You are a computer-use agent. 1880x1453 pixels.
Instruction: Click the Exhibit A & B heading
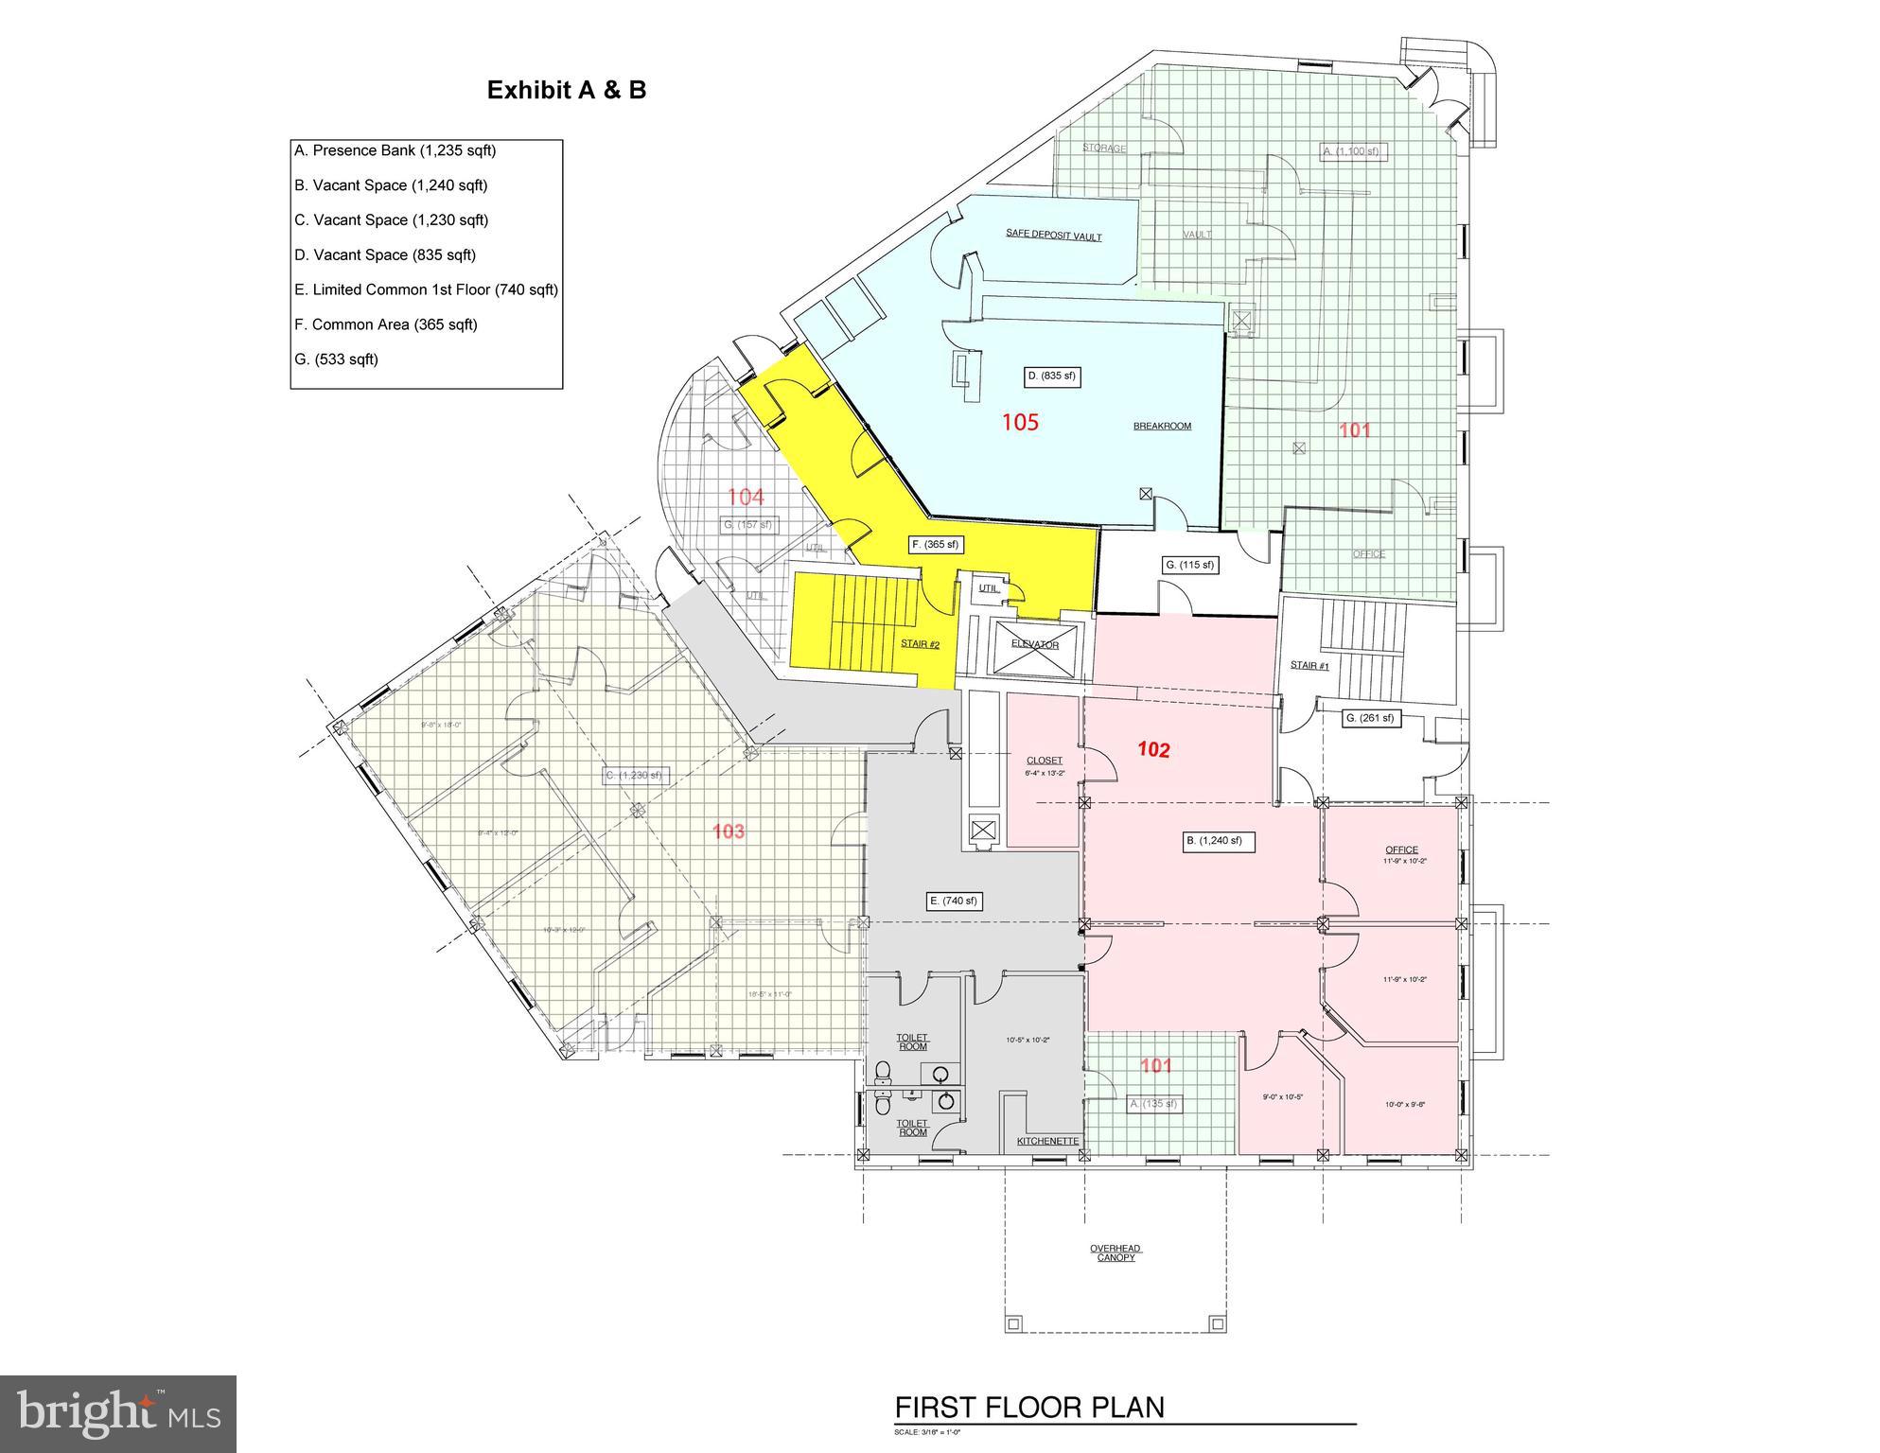coord(566,90)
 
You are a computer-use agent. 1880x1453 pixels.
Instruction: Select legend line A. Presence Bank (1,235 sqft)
coord(395,150)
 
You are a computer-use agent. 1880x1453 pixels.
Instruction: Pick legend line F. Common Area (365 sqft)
coord(385,324)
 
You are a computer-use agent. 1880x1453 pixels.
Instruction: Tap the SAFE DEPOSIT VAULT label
coord(1053,236)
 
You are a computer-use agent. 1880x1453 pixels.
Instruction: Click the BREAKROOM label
coord(1162,426)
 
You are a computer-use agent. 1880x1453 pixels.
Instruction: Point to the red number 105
coord(1020,422)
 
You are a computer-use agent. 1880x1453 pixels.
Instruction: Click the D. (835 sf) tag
coord(1051,376)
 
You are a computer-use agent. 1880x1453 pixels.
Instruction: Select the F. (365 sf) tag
coord(935,544)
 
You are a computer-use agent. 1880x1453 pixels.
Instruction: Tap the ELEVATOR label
coord(1034,644)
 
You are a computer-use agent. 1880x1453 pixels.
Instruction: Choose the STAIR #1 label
coord(1309,665)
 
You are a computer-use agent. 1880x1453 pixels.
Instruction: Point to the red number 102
coord(1153,750)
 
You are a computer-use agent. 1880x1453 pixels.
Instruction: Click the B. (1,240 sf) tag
coord(1219,840)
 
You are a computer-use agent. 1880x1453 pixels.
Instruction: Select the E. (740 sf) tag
coord(953,901)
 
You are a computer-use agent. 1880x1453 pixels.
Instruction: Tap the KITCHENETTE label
coord(1047,1141)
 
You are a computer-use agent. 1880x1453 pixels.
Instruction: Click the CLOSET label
coord(1044,760)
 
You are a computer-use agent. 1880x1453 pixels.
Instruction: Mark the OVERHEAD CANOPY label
coord(1116,1252)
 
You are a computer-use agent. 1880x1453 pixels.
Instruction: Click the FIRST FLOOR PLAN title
coord(1029,1407)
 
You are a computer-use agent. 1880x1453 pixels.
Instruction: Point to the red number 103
coord(728,832)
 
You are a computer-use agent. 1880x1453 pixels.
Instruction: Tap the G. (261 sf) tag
coord(1369,718)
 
